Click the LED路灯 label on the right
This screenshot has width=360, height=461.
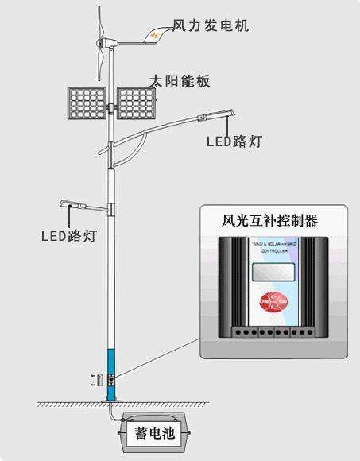(234, 141)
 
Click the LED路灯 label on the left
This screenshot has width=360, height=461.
(69, 236)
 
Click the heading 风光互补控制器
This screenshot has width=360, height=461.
(269, 221)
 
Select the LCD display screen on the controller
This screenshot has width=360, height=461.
(269, 271)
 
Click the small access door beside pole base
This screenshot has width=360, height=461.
(100, 381)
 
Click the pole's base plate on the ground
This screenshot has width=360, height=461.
(112, 403)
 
